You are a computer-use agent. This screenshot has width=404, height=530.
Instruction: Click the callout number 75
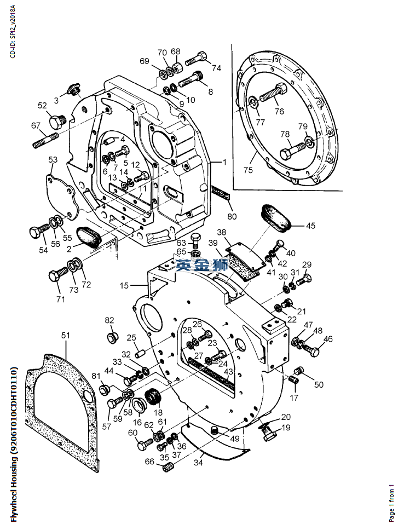248,170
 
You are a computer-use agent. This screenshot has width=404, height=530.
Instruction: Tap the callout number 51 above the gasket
66,335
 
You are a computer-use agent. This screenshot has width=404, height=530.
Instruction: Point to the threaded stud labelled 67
45,141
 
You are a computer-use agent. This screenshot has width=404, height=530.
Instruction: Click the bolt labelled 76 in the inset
274,92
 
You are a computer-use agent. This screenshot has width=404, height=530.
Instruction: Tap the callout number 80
232,216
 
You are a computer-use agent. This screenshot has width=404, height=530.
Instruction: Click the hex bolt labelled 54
39,231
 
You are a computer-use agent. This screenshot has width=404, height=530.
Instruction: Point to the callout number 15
124,286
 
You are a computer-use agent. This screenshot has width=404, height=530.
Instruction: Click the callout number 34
198,462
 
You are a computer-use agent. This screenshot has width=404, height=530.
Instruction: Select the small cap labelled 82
111,337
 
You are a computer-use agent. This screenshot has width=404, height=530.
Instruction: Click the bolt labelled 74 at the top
196,59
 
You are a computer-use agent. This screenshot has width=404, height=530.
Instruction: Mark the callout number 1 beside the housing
224,162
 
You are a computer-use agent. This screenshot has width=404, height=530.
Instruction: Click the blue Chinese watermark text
202,266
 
